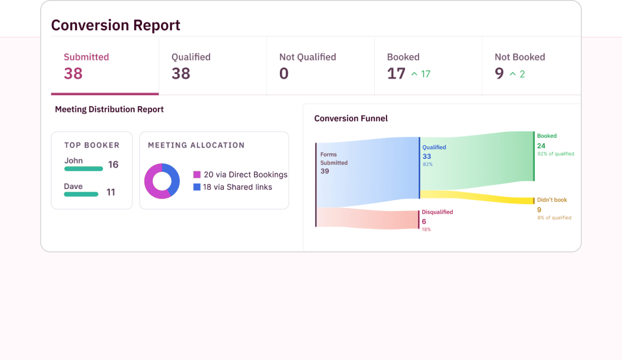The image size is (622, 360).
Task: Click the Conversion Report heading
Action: click(116, 25)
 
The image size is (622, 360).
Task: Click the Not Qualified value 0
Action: click(284, 74)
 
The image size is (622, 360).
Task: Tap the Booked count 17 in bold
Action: click(396, 74)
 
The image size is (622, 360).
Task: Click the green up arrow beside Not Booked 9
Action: click(513, 74)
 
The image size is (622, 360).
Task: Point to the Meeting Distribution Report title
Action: click(109, 109)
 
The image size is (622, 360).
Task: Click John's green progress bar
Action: click(83, 169)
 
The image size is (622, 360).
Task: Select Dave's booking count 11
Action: click(111, 192)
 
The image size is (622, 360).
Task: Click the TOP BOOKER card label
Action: click(92, 145)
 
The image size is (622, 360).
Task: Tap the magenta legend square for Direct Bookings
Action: click(197, 175)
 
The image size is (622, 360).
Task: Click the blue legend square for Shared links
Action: click(197, 187)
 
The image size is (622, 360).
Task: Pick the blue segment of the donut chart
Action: click(174, 177)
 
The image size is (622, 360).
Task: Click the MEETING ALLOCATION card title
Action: click(196, 145)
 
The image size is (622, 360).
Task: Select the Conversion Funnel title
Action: click(351, 119)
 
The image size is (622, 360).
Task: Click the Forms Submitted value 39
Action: click(325, 171)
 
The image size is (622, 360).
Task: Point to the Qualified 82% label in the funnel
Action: click(427, 164)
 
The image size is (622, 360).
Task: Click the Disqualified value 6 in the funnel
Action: click(424, 222)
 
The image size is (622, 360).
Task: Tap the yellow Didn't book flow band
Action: click(477, 197)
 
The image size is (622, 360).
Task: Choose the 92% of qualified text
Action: click(555, 154)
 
